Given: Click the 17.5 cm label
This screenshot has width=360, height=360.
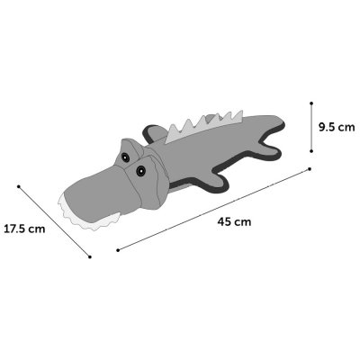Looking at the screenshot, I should [x=25, y=228].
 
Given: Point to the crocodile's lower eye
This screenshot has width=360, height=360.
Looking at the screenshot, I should [x=140, y=167].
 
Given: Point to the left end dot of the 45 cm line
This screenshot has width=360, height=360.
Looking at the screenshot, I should [x=118, y=249].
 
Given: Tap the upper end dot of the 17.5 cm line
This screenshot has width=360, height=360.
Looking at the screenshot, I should [x=19, y=185].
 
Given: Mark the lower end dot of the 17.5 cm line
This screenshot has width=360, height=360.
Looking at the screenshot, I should [x=89, y=256].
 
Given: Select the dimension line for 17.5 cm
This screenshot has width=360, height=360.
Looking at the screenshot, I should [x=54, y=220].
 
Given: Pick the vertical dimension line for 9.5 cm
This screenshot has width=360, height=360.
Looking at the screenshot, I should [x=310, y=126].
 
